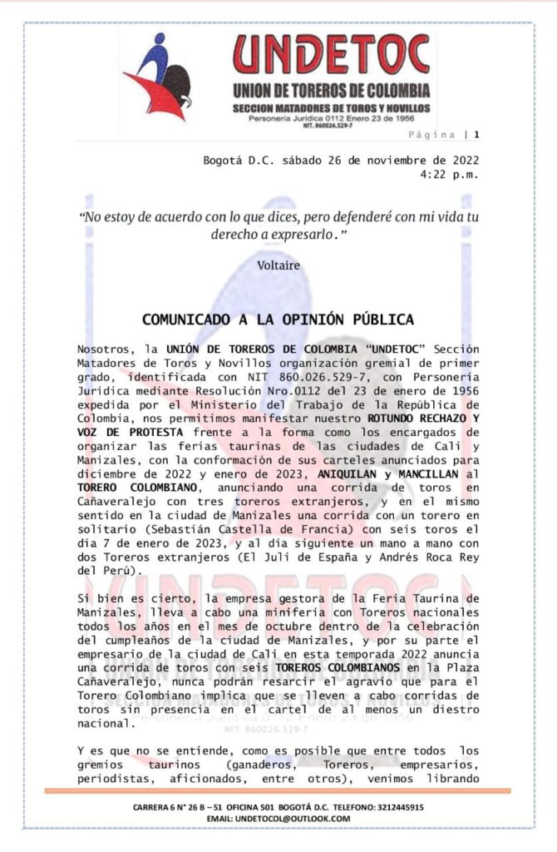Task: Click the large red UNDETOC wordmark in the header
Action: (x=331, y=55)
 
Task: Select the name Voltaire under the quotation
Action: (x=278, y=265)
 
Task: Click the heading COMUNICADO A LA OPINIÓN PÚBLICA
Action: (x=278, y=319)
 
